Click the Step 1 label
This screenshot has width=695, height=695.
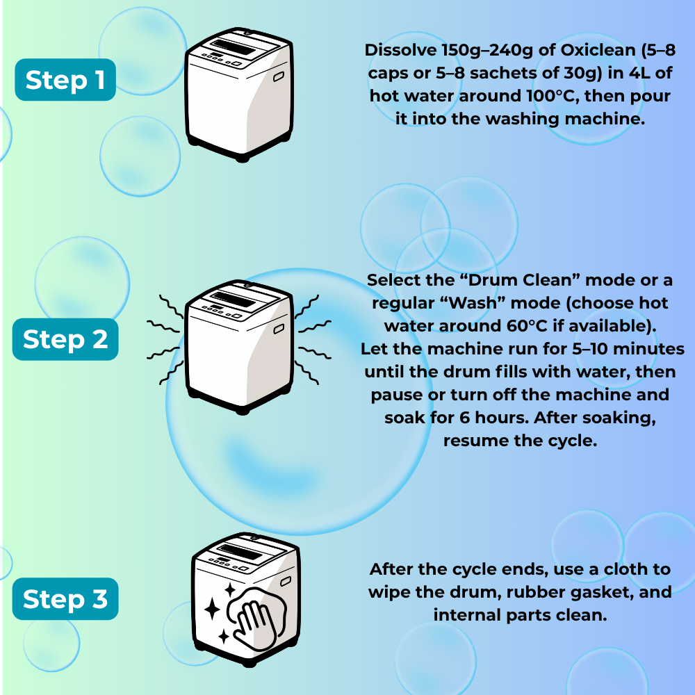(65, 81)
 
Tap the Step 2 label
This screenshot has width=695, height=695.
(65, 340)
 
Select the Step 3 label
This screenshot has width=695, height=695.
(65, 599)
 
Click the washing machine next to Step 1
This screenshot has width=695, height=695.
(240, 94)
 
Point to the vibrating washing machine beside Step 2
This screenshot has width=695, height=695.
(240, 347)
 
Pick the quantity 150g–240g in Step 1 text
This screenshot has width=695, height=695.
(475, 51)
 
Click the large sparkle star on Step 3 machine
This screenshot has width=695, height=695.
(213, 610)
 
